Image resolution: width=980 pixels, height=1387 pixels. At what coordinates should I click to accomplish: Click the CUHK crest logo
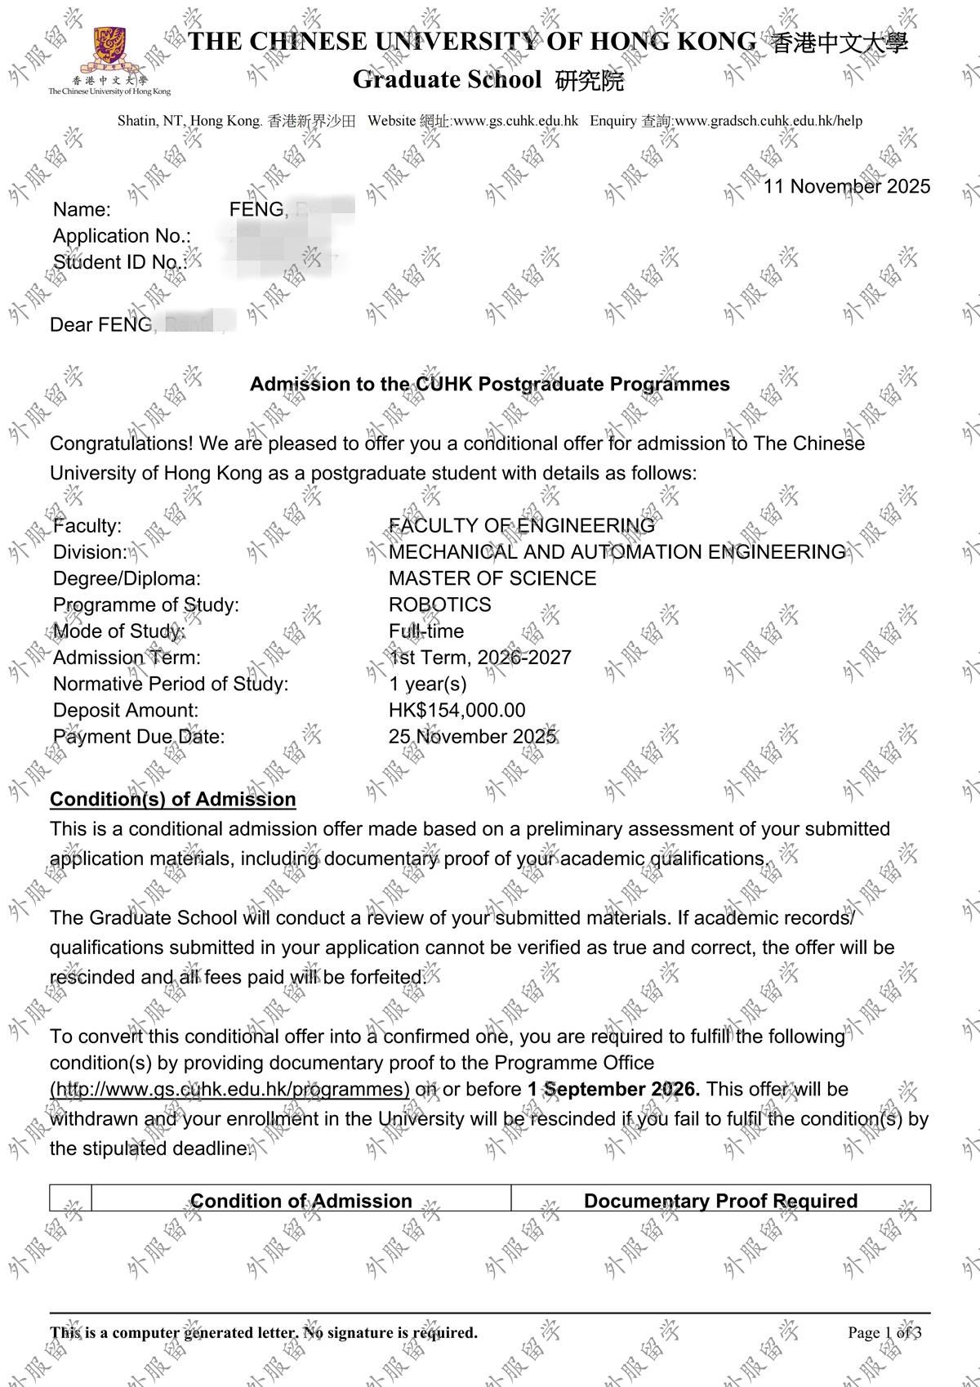[109, 50]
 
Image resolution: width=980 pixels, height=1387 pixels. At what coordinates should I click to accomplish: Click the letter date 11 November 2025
[847, 186]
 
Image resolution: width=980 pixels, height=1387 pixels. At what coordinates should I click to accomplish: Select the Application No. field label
[122, 236]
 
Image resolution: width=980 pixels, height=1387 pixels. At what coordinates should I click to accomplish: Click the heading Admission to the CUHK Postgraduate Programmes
[489, 384]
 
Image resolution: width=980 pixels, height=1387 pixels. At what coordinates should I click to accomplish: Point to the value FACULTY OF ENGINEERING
[521, 525]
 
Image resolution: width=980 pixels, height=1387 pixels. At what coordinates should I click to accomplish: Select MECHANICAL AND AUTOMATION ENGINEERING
[617, 552]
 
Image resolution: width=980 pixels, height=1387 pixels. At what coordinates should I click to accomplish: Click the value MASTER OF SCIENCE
[492, 578]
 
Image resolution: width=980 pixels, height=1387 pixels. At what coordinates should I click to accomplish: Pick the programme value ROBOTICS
[439, 604]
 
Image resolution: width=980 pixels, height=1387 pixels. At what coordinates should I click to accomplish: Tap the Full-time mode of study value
[425, 631]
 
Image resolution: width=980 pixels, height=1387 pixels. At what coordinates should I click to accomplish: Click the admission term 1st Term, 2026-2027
[479, 658]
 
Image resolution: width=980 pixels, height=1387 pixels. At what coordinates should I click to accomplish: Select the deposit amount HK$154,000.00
[457, 711]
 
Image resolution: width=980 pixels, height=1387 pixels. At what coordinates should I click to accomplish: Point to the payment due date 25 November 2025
[472, 737]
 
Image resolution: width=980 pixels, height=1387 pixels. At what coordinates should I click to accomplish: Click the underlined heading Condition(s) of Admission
[173, 799]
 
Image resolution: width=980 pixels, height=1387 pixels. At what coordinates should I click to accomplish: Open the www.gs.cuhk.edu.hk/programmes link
[229, 1090]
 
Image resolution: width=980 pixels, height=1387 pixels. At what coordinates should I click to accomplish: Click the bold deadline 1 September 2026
[613, 1090]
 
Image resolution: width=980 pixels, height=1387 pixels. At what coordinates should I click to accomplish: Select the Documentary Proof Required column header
[720, 1201]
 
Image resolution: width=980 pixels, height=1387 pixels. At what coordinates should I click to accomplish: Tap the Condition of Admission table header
[301, 1201]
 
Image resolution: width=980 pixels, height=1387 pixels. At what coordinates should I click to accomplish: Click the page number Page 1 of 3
[884, 1332]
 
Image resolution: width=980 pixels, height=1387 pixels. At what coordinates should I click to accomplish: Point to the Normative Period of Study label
[171, 685]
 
